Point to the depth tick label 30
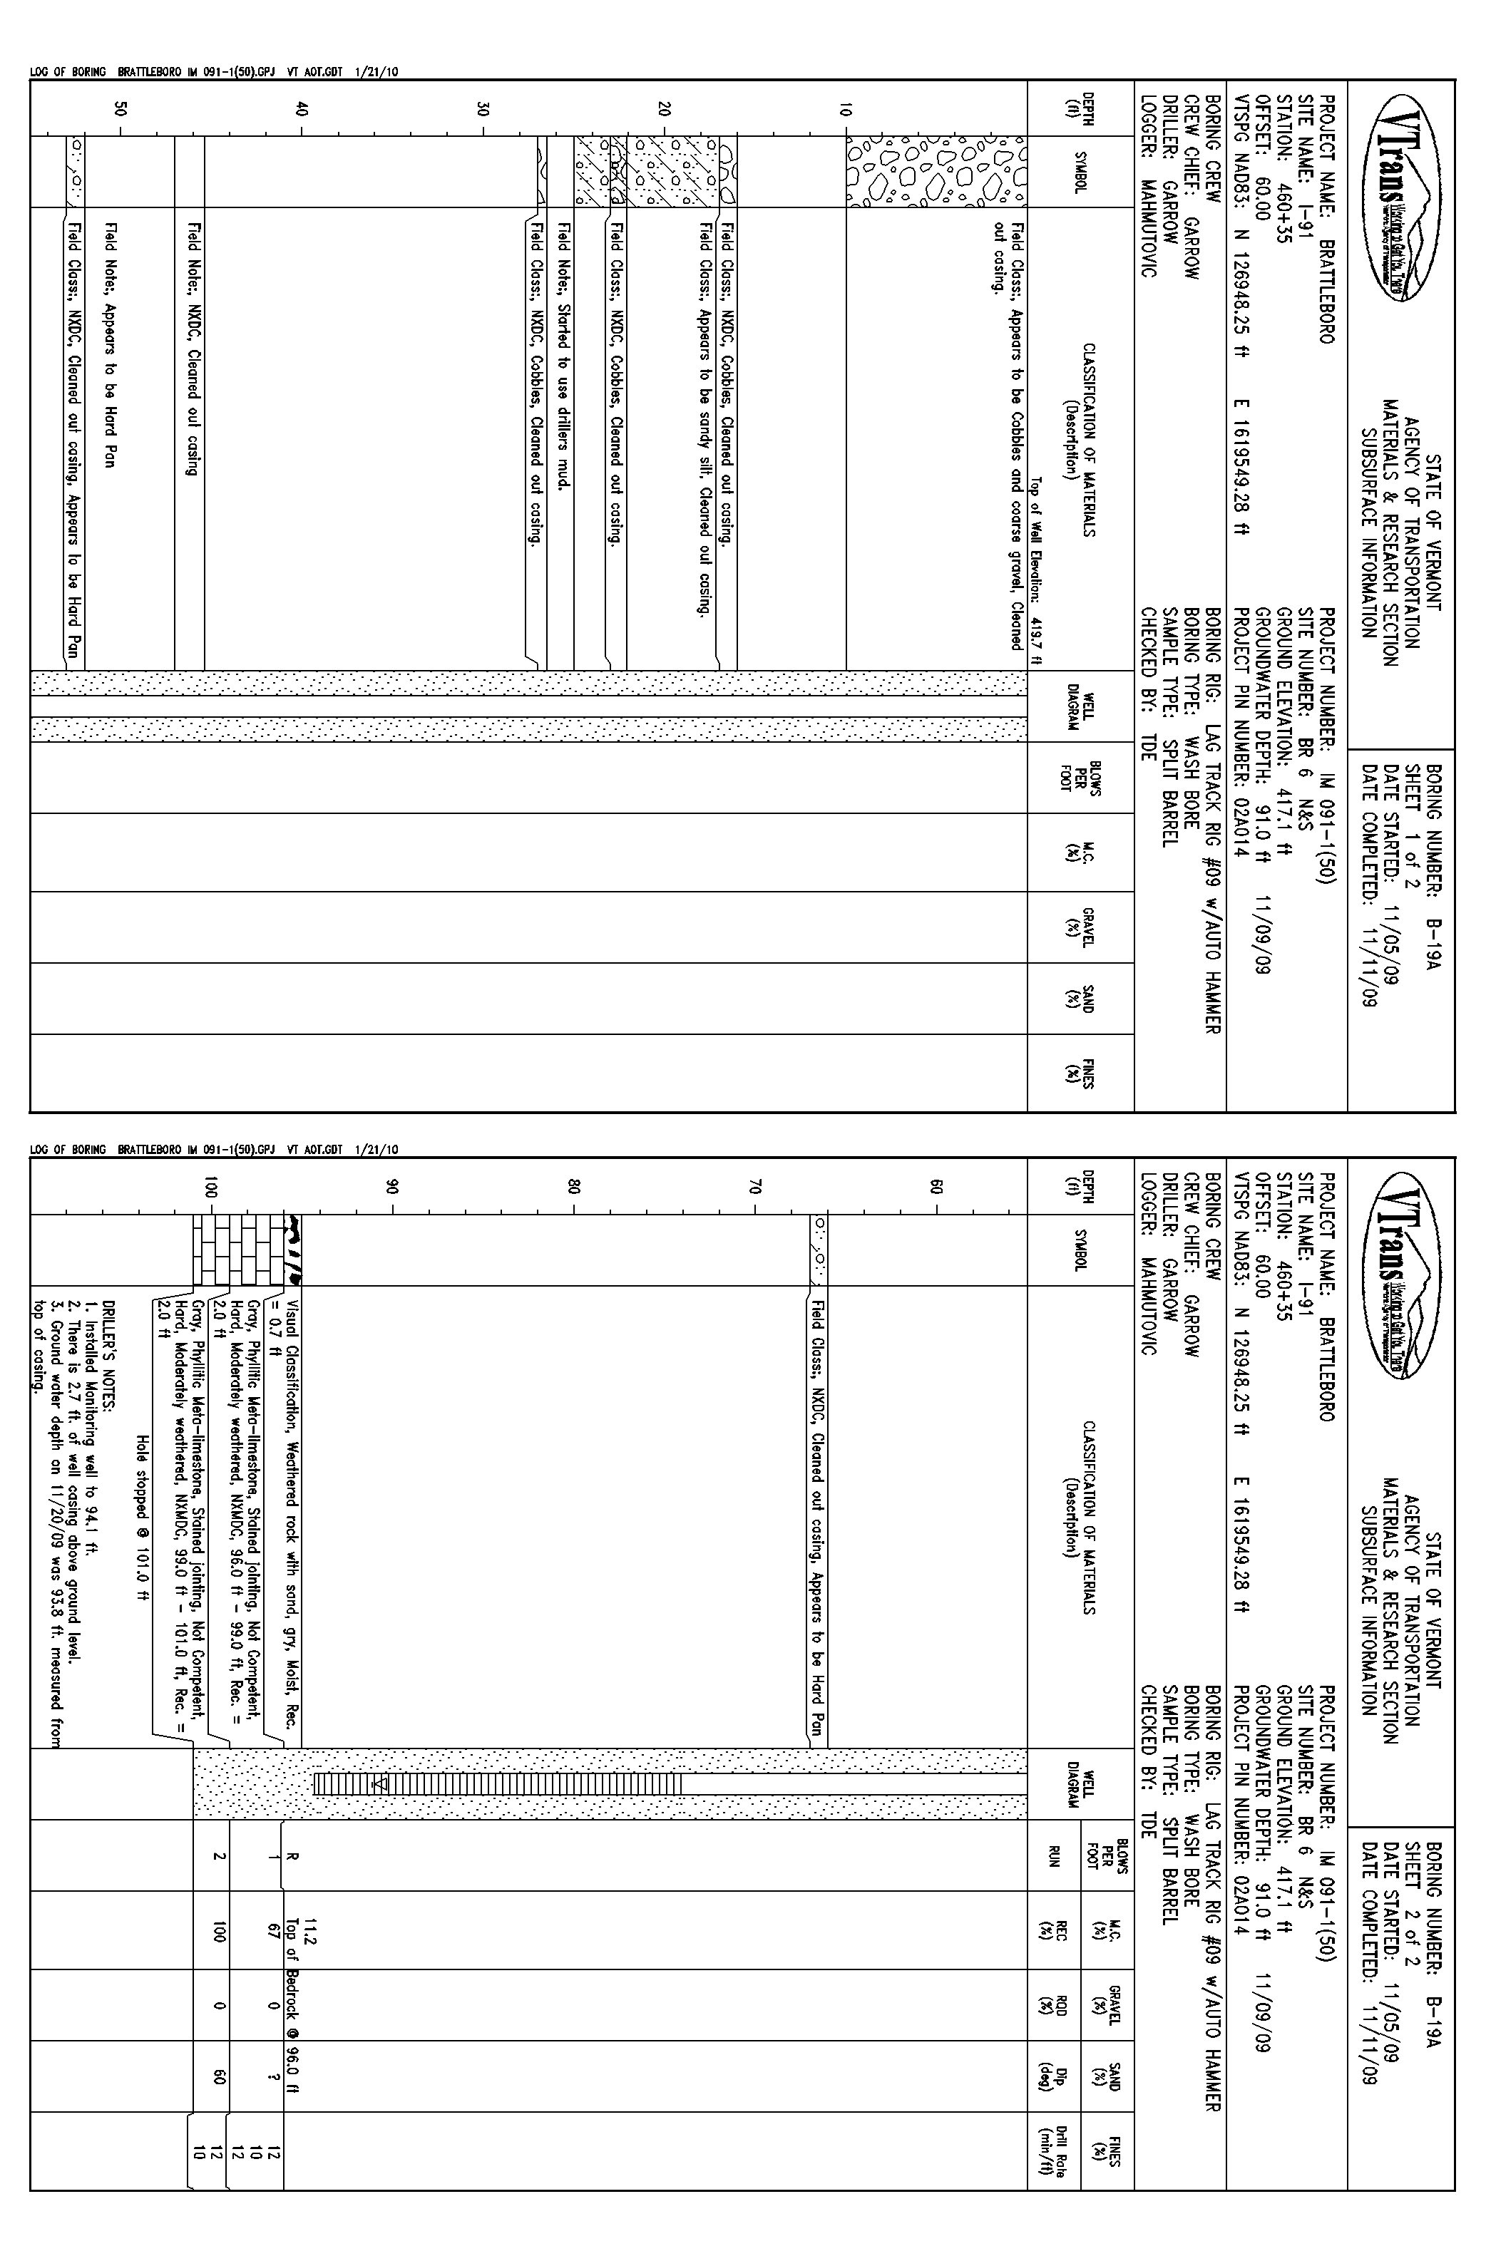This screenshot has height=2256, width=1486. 483,108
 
